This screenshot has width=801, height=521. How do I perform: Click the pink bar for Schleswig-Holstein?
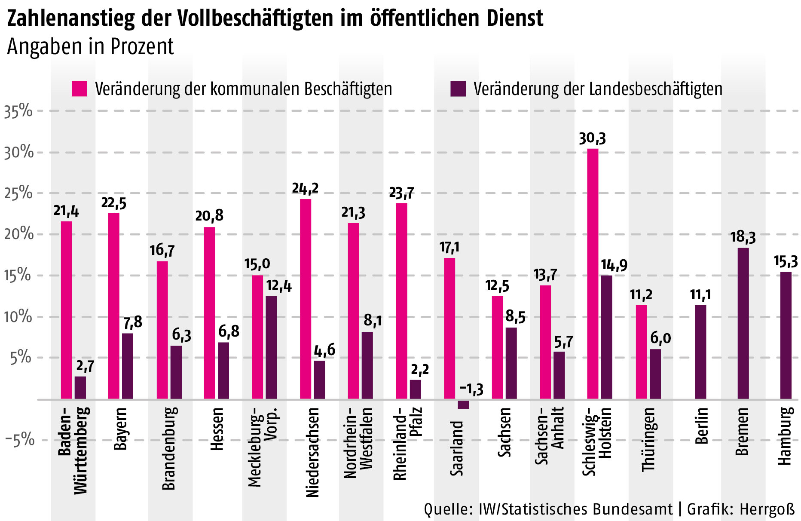(593, 273)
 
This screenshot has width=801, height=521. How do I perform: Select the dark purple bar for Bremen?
(743, 323)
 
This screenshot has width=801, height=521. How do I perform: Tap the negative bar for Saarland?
(463, 404)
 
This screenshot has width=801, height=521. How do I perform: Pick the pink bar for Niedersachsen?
(306, 299)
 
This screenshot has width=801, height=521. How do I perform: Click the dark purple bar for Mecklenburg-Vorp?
(271, 347)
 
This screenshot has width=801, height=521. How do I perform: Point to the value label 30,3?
(592, 138)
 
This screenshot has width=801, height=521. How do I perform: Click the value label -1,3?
(471, 389)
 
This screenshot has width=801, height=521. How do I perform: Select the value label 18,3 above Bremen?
(743, 237)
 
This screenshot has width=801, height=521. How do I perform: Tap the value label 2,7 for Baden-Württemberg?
(85, 366)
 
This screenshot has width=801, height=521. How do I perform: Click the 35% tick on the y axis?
(18, 111)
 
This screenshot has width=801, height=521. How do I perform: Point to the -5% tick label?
(19, 440)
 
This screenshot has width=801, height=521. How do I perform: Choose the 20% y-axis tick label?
(18, 234)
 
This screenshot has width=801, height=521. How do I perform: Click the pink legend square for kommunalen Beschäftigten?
(79, 89)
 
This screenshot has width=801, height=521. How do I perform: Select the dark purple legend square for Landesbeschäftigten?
(458, 89)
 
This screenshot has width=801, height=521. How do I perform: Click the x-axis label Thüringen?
(648, 439)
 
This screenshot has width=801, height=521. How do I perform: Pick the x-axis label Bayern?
(121, 429)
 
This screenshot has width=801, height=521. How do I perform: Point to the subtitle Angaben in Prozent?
(90, 46)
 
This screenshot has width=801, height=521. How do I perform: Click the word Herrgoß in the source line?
(767, 509)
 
